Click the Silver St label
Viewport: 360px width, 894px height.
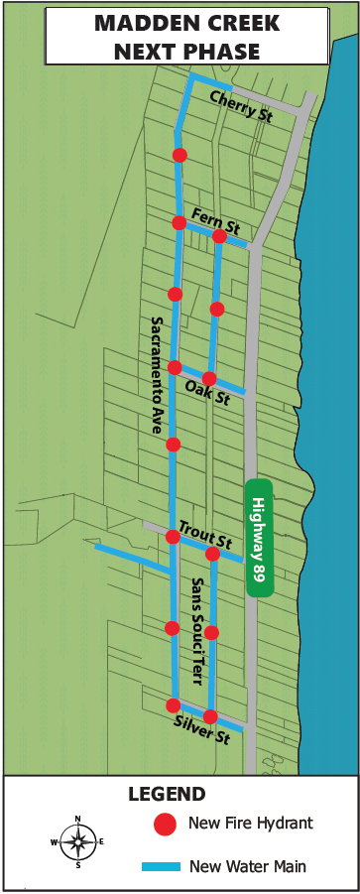coord(201,732)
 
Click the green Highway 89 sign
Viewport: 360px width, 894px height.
coord(259,538)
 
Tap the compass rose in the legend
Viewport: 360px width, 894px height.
coord(77,841)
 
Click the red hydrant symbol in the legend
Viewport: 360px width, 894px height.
coord(166,824)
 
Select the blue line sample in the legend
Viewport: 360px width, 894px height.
coord(161,866)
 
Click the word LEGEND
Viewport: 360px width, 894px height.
coord(167,794)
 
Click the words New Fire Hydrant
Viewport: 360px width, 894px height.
coord(251,823)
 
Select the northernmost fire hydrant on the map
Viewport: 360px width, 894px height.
coord(180,155)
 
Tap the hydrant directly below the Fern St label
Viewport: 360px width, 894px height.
coord(217,309)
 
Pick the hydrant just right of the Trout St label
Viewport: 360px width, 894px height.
coord(212,554)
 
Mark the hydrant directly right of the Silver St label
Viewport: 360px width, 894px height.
coord(210,716)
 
